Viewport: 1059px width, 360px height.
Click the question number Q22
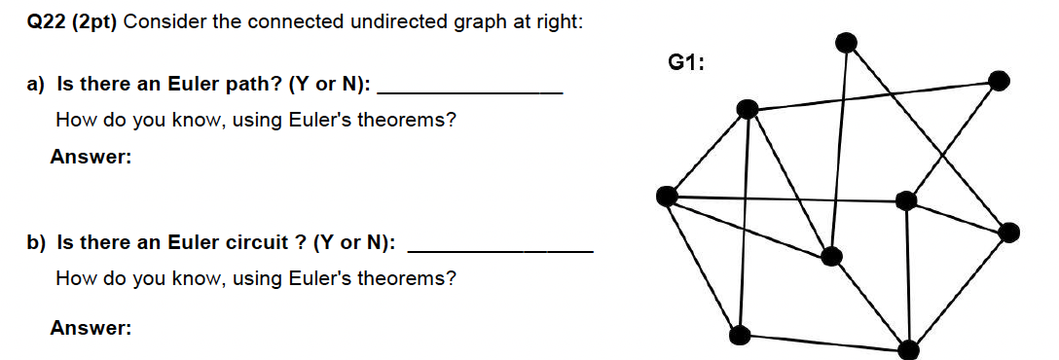(45, 22)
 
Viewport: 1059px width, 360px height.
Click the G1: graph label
(686, 63)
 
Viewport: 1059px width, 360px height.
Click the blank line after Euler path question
(469, 90)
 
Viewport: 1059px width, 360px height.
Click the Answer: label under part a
(91, 157)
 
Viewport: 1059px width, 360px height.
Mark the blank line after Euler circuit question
(500, 250)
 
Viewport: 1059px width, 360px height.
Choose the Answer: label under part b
(91, 329)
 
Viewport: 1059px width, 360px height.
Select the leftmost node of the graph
(667, 197)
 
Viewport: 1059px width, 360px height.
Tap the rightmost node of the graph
(1009, 232)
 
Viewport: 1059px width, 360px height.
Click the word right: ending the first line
(560, 22)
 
